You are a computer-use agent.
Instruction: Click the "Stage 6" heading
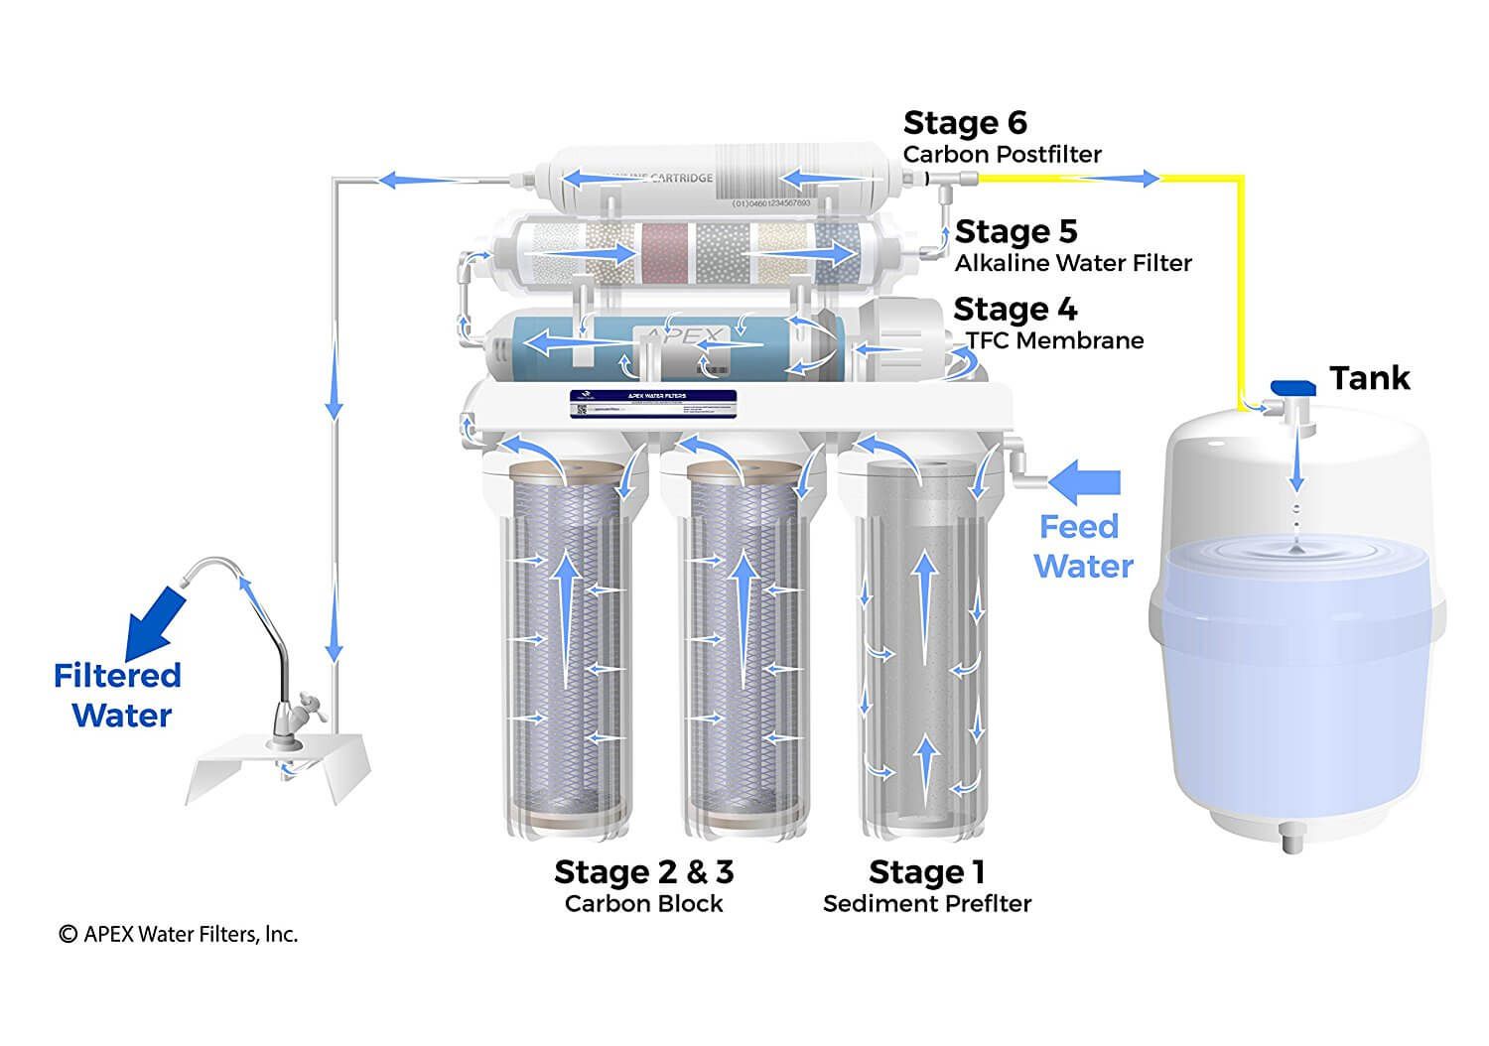(964, 124)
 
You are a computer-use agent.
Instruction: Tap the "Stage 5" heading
(1015, 232)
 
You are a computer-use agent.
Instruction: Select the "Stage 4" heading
(1015, 310)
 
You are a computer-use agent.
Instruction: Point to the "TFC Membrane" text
(1054, 341)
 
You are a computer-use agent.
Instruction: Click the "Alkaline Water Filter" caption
(1072, 263)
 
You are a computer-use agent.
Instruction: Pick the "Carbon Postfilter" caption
(1002, 155)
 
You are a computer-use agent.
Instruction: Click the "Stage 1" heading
(926, 872)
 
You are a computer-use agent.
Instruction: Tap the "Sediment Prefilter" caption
(926, 904)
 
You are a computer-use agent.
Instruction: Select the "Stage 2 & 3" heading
(643, 872)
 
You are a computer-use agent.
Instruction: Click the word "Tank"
(1370, 378)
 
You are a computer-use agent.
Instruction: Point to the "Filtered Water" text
(119, 695)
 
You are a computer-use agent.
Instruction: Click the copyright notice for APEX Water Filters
(179, 934)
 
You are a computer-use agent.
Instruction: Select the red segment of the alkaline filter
(667, 253)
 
